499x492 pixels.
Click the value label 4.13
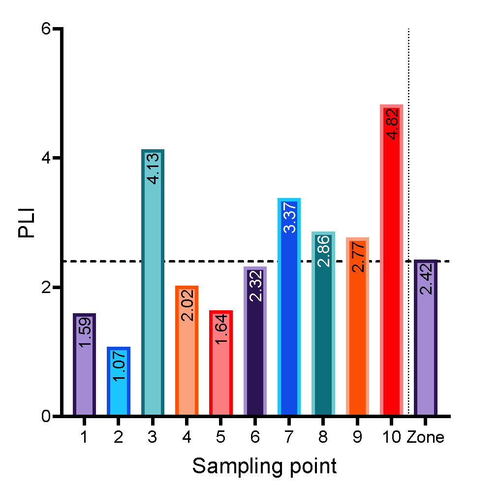point(153,169)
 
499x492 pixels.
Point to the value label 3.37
point(290,217)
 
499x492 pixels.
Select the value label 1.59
point(85,332)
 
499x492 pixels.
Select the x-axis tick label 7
point(289,437)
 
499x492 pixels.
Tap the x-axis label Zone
point(426,437)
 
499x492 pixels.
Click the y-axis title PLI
point(27,223)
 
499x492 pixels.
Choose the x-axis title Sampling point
point(264,466)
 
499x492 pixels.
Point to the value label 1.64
point(221,329)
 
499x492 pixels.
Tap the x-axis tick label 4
point(187,437)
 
